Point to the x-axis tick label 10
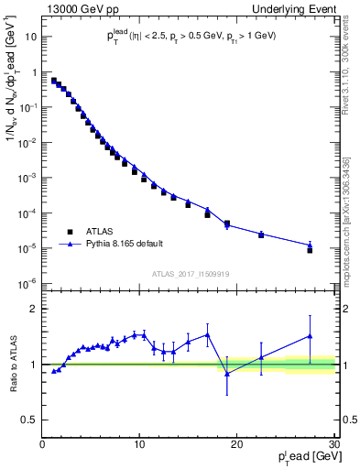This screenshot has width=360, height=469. (x=139, y=444)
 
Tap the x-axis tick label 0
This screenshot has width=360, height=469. (x=43, y=444)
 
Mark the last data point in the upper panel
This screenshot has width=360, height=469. (x=310, y=249)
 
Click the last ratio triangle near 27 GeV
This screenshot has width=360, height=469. (x=310, y=336)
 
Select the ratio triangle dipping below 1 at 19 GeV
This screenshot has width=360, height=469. (x=227, y=373)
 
